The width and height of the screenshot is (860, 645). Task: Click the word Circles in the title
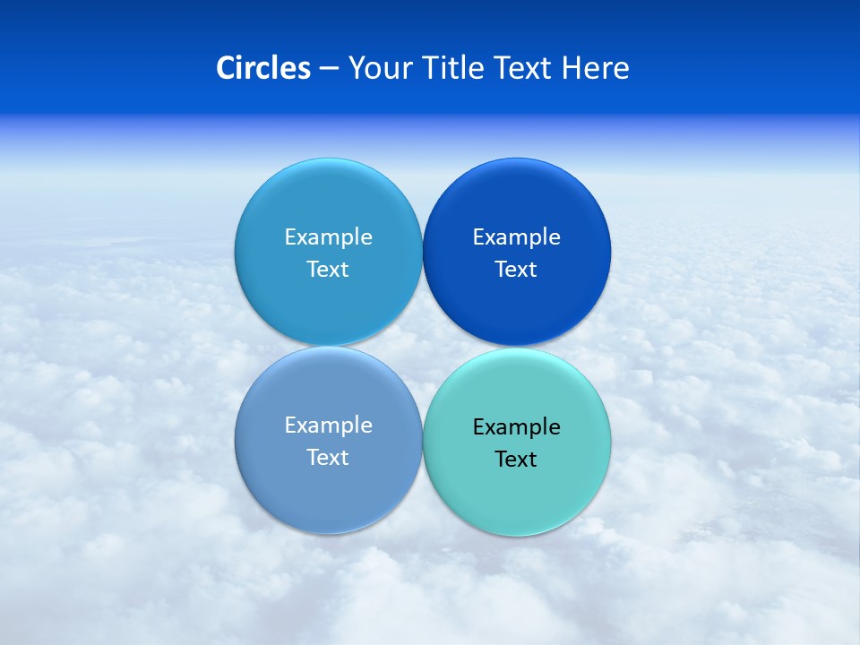263,68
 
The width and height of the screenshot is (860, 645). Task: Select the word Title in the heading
453,68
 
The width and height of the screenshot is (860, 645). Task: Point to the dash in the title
329,69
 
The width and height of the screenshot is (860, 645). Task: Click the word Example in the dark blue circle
516,237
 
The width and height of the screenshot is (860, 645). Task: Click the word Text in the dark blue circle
516,270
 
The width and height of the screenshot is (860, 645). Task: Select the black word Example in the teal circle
516,427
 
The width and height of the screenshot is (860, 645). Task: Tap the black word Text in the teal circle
516,460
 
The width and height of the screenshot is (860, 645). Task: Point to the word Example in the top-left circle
328,237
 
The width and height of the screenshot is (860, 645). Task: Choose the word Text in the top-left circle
328,270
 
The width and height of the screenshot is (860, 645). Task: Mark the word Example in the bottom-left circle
328,426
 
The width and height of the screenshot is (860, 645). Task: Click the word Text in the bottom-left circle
328,458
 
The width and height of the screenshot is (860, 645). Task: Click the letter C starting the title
226,68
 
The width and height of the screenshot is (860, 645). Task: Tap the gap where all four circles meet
422,347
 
